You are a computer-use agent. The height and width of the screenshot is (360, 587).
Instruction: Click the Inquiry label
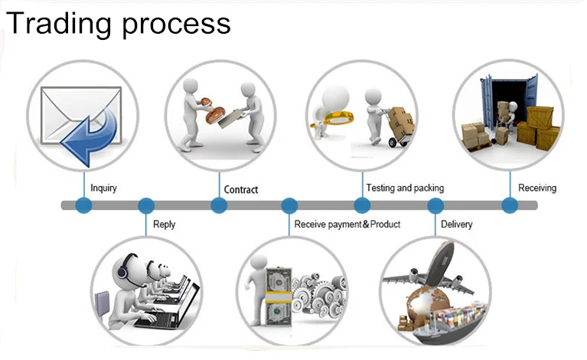click(103, 188)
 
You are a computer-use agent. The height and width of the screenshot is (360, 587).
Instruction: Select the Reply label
click(164, 224)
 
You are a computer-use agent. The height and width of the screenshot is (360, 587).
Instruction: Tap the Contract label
click(241, 189)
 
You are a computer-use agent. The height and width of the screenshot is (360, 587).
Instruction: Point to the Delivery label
click(457, 224)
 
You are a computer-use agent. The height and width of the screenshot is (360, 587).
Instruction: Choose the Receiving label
click(537, 188)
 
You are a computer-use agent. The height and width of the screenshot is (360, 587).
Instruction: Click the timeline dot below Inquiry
click(84, 205)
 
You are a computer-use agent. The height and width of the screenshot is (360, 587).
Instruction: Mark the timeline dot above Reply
click(146, 205)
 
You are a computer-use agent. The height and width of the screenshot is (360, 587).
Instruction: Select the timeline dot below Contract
click(219, 205)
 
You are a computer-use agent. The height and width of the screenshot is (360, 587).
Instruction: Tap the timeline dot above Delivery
click(435, 205)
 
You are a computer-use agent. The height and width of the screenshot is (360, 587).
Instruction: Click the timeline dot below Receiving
click(510, 205)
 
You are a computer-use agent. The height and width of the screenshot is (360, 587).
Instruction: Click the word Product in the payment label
click(385, 224)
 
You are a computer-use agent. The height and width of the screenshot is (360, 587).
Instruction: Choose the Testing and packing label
click(405, 188)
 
